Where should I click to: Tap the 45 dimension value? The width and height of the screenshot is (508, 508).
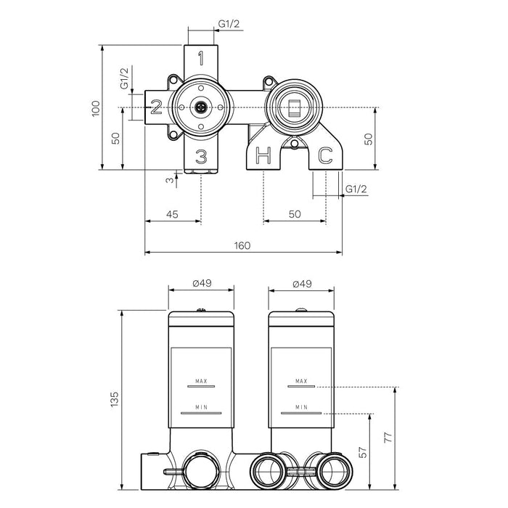pyautogui.click(x=173, y=213)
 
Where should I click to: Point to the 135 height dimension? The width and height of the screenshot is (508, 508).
pyautogui.click(x=113, y=398)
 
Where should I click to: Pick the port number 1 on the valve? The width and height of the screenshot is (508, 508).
pyautogui.click(x=201, y=57)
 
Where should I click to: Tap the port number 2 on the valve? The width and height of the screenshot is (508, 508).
pyautogui.click(x=155, y=108)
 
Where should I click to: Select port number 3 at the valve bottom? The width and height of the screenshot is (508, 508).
pyautogui.click(x=201, y=156)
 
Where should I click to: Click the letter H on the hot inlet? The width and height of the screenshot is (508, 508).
pyautogui.click(x=264, y=155)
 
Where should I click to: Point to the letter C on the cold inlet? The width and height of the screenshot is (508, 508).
pyautogui.click(x=326, y=155)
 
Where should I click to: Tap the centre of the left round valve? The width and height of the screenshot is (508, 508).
pyautogui.click(x=201, y=107)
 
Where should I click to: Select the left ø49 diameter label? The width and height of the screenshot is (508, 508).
pyautogui.click(x=202, y=284)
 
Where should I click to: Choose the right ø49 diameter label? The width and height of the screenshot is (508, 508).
pyautogui.click(x=302, y=284)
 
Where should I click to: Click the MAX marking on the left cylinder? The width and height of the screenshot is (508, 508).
pyautogui.click(x=202, y=380)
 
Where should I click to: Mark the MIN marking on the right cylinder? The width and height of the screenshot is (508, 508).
pyautogui.click(x=301, y=408)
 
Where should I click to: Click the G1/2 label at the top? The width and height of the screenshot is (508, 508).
pyautogui.click(x=229, y=25)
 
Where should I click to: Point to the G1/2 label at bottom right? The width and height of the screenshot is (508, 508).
pyautogui.click(x=356, y=189)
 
